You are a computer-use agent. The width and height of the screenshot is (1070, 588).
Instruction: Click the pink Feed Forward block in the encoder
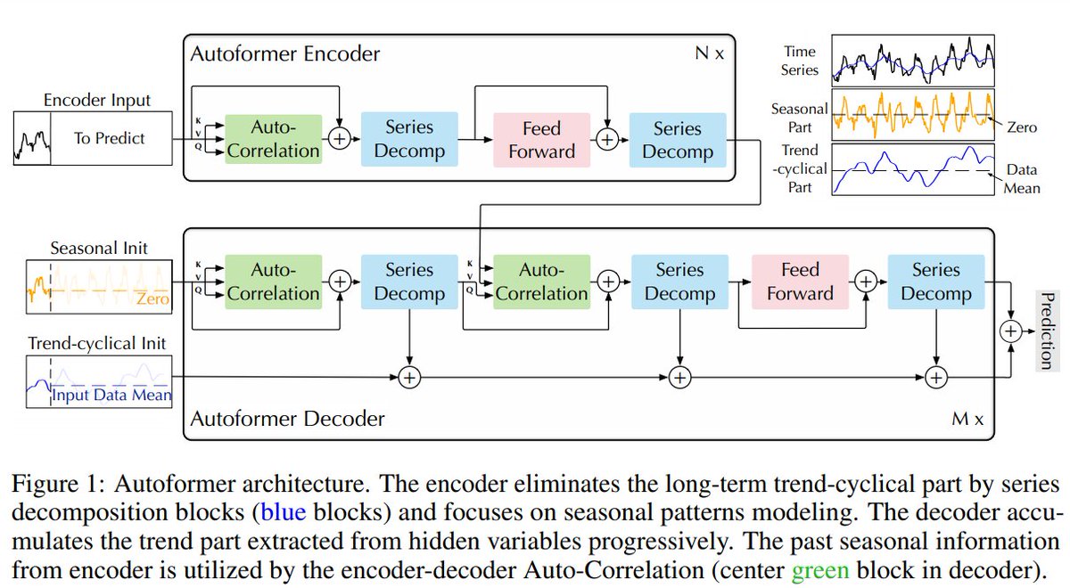542,140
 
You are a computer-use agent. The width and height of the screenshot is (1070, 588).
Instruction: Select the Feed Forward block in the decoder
800,282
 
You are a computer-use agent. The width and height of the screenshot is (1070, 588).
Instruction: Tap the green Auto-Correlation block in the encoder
273,139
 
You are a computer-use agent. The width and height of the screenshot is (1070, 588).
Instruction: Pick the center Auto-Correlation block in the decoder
542,282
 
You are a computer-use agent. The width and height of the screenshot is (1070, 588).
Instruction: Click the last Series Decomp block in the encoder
678,140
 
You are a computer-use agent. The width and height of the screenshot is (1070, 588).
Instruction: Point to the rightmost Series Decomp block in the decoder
936,282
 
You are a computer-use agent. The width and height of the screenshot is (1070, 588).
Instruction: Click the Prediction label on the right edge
1047,331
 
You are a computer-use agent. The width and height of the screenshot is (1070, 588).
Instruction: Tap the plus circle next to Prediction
1011,331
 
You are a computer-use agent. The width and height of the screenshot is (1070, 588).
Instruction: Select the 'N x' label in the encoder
710,53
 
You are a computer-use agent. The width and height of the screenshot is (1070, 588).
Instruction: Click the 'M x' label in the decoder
967,419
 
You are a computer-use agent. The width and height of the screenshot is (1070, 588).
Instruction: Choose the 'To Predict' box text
110,138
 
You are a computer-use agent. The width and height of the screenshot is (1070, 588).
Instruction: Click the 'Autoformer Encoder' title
285,53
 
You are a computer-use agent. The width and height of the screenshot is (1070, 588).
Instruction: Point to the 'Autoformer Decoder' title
287,419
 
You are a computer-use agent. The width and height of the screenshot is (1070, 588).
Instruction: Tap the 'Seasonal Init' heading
99,249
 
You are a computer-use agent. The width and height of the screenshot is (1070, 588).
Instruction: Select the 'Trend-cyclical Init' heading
97,343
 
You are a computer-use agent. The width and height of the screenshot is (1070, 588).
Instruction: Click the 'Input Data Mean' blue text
111,395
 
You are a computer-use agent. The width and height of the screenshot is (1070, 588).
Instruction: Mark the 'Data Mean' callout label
1022,179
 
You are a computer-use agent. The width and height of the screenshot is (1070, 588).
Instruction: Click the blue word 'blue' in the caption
284,512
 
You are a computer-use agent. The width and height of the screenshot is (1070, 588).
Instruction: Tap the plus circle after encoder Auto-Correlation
340,139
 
